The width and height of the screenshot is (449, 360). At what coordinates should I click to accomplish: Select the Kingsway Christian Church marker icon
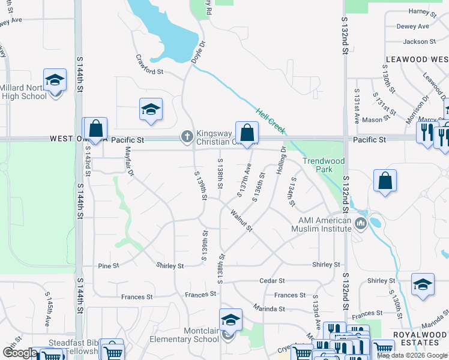(x=187, y=137)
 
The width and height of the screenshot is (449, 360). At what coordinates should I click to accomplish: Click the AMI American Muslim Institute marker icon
(x=361, y=224)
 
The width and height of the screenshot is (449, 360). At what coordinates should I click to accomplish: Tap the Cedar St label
(x=272, y=280)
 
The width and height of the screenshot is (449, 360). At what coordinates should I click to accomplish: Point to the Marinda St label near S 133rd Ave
(x=270, y=308)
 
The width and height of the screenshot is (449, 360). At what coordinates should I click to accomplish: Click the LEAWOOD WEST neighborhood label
(x=416, y=59)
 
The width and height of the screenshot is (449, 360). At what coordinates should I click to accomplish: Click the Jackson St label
(x=420, y=41)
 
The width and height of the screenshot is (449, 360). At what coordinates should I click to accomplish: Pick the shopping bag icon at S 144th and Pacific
(x=95, y=128)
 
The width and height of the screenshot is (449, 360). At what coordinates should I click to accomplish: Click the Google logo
(x=20, y=353)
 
